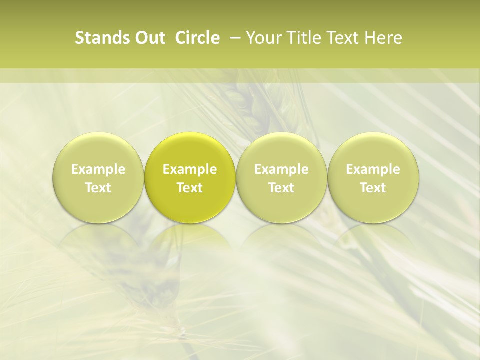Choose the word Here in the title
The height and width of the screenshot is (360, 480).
point(382,38)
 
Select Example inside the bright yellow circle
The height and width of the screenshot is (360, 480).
point(190,169)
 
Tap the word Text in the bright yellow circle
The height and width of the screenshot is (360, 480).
point(190,188)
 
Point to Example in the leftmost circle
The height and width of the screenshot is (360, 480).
point(98,169)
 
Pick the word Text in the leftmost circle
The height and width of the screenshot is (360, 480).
point(98,188)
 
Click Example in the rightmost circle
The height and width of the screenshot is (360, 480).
point(373,169)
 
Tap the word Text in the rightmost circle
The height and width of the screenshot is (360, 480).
point(373,188)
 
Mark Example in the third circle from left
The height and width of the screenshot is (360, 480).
point(281,169)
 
